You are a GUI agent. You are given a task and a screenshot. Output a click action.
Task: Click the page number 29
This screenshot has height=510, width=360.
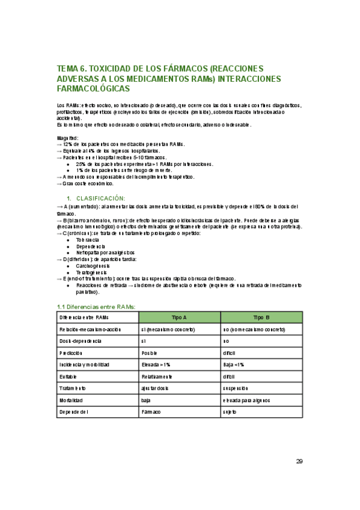point(299,461)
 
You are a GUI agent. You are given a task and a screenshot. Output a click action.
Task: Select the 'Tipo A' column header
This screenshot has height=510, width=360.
point(179,317)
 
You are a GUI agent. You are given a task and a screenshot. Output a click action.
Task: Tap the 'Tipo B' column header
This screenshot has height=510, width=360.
point(261,317)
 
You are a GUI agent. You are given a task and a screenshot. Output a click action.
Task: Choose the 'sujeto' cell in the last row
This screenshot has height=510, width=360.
point(230,412)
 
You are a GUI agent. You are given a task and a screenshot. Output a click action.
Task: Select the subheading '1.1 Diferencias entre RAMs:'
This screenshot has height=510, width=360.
point(96,307)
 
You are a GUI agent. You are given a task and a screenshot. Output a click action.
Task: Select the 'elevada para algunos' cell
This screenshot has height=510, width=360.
point(246,400)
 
